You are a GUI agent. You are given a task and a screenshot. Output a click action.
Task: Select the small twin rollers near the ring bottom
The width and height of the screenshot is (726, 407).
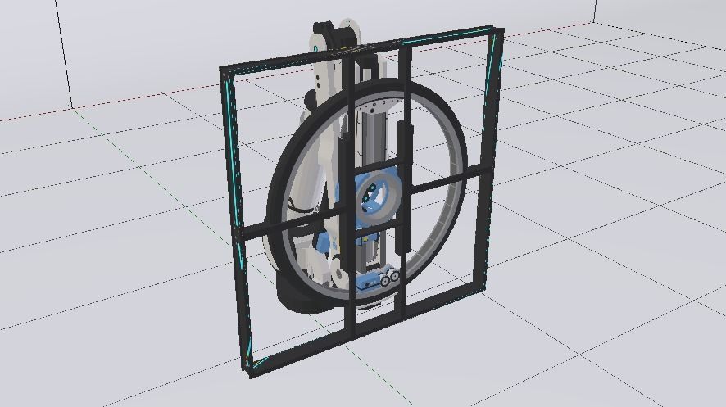coord(390,277)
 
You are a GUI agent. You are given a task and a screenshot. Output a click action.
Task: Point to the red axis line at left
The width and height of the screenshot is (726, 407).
coord(33,115)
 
